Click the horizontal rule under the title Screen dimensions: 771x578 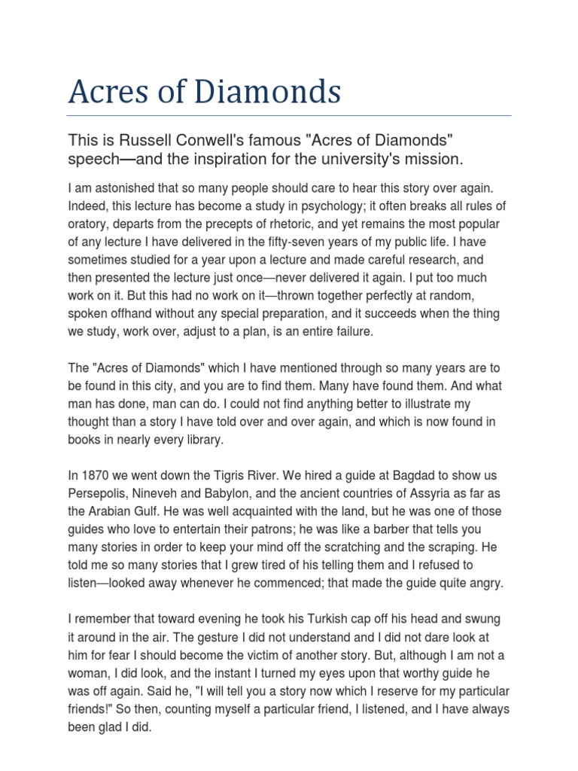pyautogui.click(x=289, y=116)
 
